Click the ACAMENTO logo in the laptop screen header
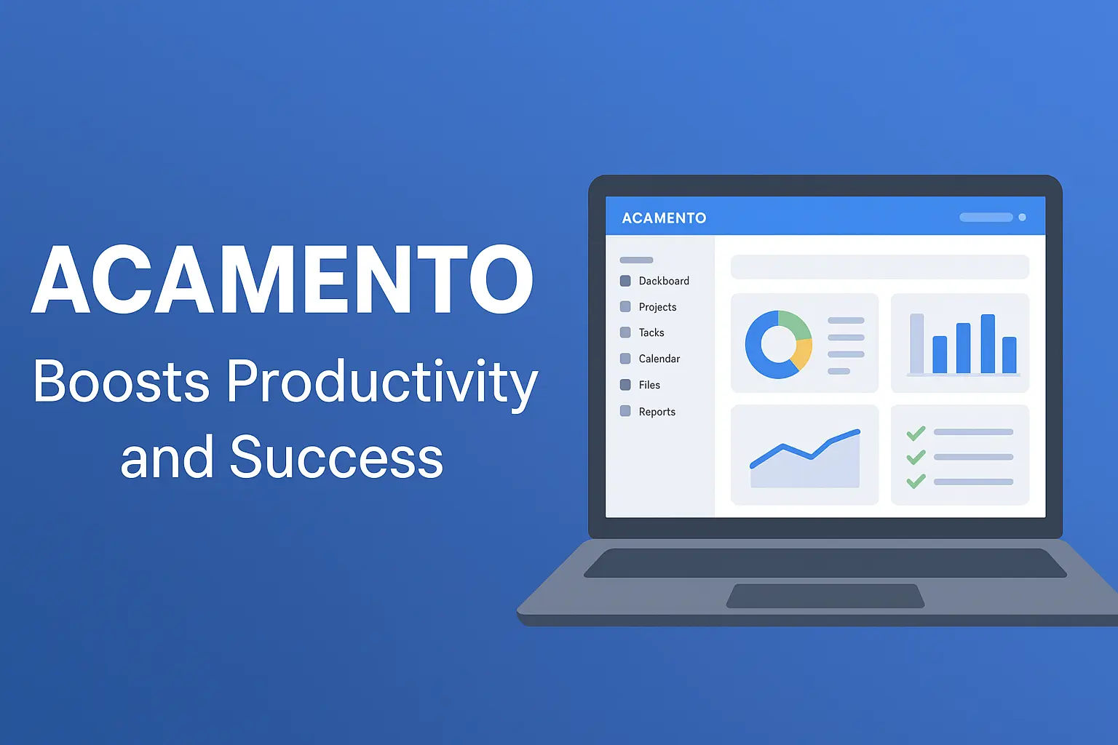point(664,218)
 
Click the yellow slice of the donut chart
point(803,354)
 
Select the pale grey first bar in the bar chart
point(917,343)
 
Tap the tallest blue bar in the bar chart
point(988,344)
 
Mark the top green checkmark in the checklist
point(916,433)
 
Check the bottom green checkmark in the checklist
point(916,481)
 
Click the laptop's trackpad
point(825,596)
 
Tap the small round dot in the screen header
point(1022,217)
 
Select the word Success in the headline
point(336,457)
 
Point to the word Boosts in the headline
point(121,381)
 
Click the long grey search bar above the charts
point(880,267)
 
